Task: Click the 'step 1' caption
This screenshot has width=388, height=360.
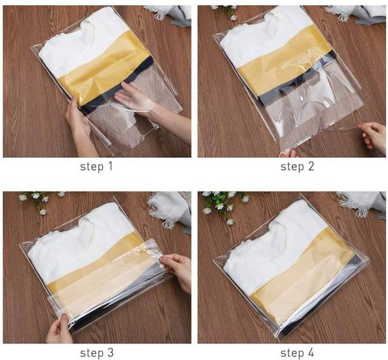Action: [x=96, y=167]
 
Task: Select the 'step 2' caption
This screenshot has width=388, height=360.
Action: [x=297, y=167]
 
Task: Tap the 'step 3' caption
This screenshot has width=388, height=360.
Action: [x=97, y=352]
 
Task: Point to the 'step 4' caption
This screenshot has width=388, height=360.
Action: [x=297, y=352]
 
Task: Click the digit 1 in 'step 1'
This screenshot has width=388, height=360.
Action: [x=110, y=166]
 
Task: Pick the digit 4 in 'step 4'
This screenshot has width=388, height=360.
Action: [x=311, y=352]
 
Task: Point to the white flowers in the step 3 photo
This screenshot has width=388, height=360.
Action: [x=39, y=200]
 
